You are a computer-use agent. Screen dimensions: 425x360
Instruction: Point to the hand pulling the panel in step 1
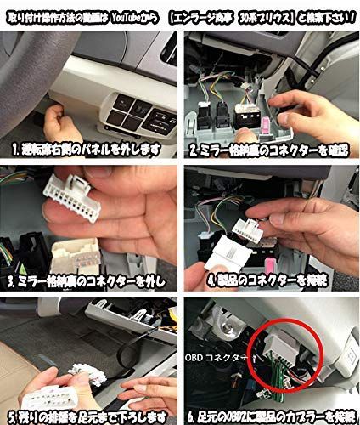click(51, 115)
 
